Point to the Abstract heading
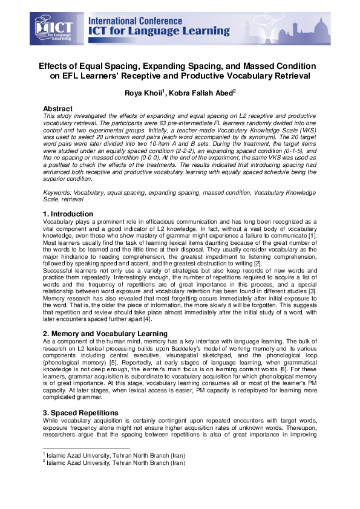(57, 108)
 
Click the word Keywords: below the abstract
(59, 192)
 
